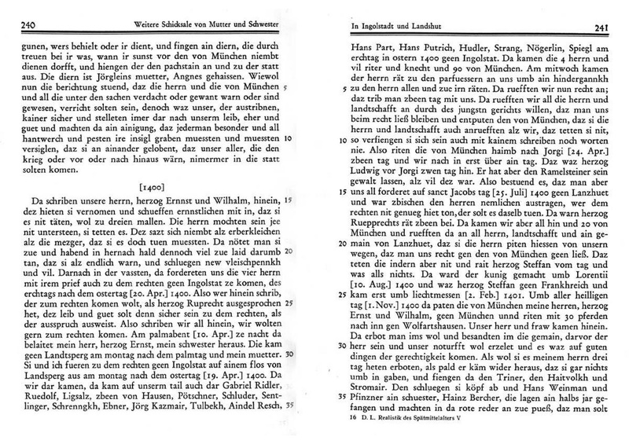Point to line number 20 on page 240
point(289,272)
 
